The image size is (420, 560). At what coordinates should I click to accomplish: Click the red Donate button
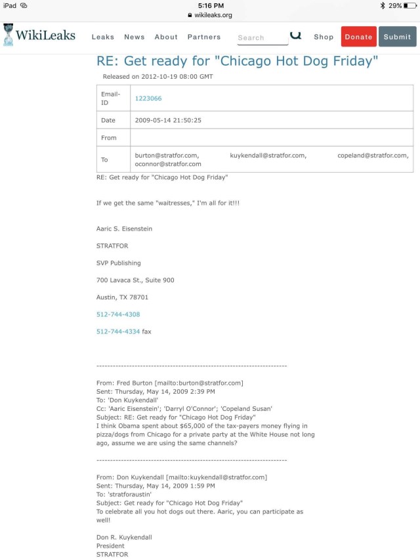pos(358,37)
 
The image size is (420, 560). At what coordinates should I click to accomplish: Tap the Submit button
pos(397,37)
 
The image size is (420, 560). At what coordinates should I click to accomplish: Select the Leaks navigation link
pos(103,37)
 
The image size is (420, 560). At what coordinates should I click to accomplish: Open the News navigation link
pos(135,37)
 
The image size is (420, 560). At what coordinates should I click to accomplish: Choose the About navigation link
pos(166,37)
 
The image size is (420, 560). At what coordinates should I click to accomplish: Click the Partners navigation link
pos(204,37)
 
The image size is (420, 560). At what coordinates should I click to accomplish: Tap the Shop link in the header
pos(324,37)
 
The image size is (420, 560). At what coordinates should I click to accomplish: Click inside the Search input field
pos(261,37)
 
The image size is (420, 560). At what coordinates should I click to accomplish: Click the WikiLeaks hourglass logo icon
pos(9,35)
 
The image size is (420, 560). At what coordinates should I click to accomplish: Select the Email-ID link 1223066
pos(148,98)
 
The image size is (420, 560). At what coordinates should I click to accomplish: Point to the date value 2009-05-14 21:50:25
pos(168,120)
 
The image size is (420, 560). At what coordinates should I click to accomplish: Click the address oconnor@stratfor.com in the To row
pos(168,164)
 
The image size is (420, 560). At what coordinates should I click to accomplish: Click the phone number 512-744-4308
pos(118,314)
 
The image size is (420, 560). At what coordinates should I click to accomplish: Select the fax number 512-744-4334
pos(118,332)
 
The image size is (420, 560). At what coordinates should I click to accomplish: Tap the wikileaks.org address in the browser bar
pos(213,14)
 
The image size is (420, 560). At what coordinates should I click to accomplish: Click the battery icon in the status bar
pos(410,5)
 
